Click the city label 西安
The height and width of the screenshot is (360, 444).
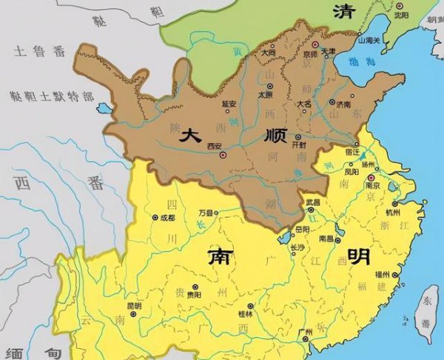coord(215,146)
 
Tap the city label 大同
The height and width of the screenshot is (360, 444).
coord(269,53)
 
